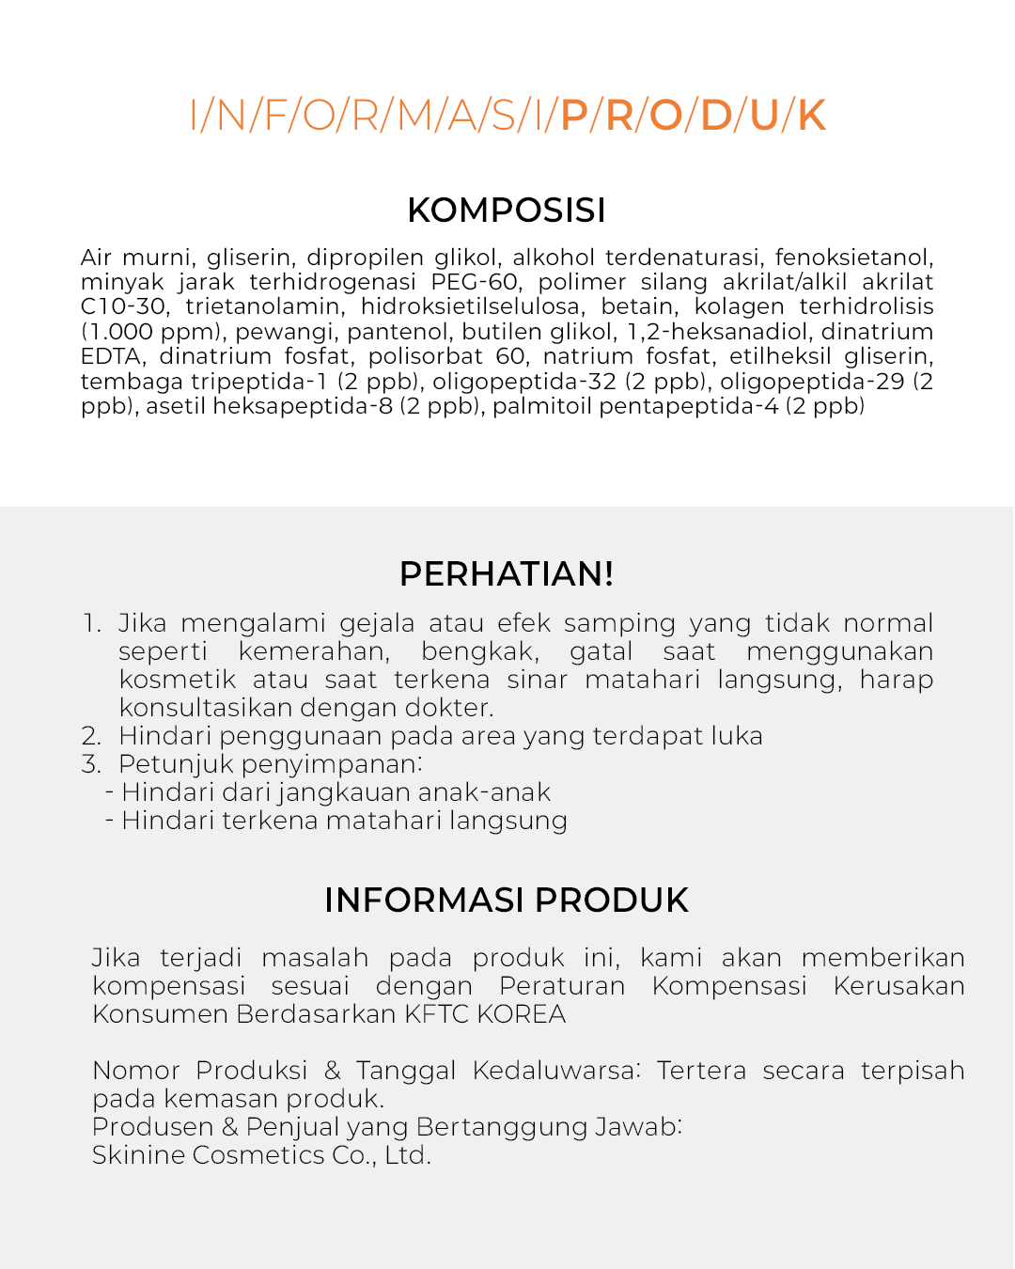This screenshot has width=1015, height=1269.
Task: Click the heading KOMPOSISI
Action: (x=507, y=211)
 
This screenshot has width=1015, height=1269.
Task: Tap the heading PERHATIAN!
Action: (x=507, y=573)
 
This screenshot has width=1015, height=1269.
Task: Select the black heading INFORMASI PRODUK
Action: (x=507, y=900)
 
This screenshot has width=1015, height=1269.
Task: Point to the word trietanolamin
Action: (x=262, y=306)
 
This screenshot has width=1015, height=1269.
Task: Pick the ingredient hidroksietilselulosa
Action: (x=471, y=306)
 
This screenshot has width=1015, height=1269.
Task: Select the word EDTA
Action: (x=111, y=356)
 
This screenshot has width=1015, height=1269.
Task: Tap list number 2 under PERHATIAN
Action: (x=91, y=736)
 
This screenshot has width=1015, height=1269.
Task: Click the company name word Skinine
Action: (x=138, y=1155)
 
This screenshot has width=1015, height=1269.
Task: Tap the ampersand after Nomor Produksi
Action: (x=332, y=1071)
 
